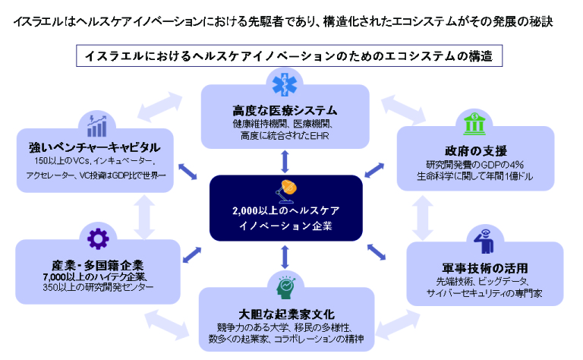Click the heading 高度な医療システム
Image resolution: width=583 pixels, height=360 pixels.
285,110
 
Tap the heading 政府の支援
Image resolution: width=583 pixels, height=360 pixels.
475,150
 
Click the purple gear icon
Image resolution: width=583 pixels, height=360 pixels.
98,238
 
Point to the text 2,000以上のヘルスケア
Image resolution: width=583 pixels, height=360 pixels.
285,211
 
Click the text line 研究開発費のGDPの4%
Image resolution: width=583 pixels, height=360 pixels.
475,165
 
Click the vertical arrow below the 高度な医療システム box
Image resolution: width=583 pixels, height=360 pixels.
285,161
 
